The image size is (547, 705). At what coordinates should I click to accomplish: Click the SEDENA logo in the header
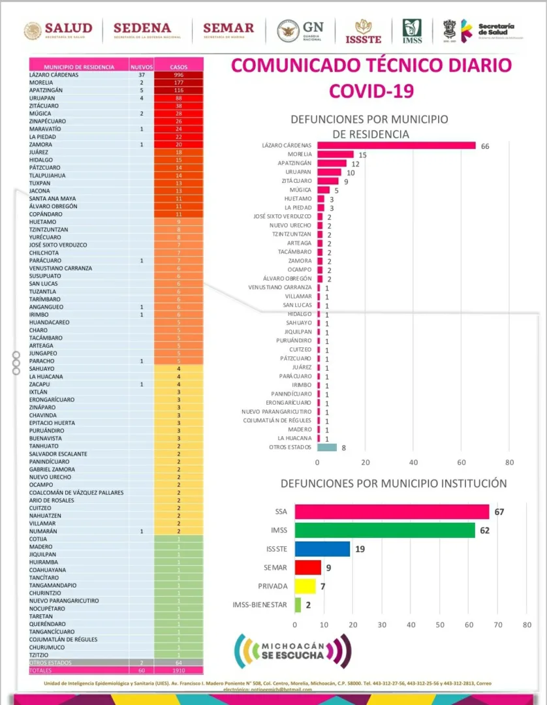(142, 29)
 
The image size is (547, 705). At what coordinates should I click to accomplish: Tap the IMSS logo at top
(412, 31)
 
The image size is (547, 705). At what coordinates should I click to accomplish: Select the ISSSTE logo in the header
(363, 31)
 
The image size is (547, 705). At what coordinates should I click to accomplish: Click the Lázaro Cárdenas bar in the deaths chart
(396, 145)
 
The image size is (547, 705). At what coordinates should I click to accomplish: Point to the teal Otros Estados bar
(327, 447)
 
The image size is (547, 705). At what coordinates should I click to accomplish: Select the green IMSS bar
(385, 530)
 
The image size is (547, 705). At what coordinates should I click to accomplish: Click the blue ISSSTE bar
(322, 548)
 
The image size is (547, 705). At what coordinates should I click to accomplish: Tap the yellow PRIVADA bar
(305, 586)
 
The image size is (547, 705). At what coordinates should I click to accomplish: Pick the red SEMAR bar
(308, 567)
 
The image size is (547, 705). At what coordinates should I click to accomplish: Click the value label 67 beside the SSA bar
(499, 512)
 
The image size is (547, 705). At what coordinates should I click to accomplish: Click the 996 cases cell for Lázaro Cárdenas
(179, 74)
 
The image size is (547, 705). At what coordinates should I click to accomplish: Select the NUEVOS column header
(141, 67)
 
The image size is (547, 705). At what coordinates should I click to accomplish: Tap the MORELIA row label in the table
(41, 83)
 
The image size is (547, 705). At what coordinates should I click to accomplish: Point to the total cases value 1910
(179, 670)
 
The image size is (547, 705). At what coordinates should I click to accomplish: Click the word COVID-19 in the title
(371, 90)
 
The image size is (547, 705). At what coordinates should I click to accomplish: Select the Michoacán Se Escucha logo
(292, 651)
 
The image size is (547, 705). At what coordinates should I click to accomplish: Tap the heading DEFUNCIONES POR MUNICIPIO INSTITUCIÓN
(394, 484)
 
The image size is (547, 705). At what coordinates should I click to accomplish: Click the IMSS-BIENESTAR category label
(259, 604)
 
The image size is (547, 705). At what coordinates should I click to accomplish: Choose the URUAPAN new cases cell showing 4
(141, 98)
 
